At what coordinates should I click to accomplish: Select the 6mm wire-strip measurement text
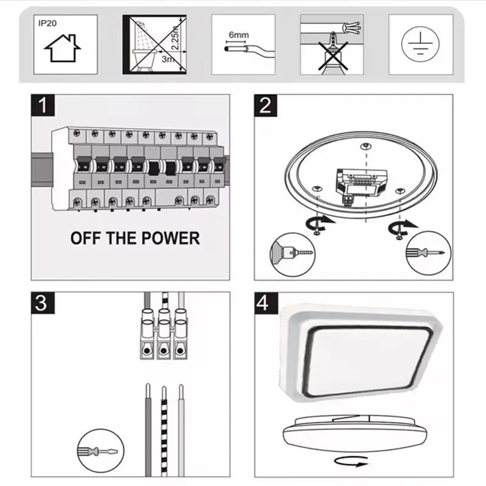[239, 35]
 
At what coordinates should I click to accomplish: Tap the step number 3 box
[43, 303]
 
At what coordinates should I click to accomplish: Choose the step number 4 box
[265, 303]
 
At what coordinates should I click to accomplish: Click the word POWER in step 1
[170, 238]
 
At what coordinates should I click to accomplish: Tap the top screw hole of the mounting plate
[366, 146]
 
